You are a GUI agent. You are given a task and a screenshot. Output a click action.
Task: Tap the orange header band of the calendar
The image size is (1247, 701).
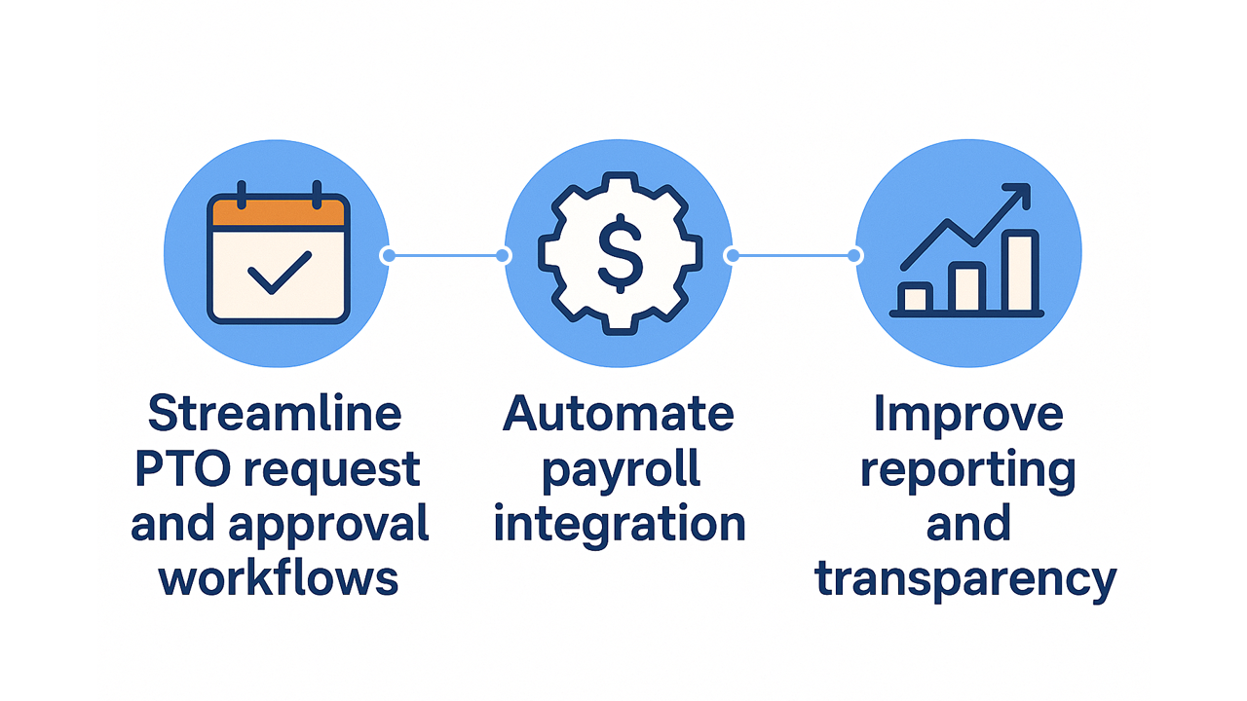tap(279, 212)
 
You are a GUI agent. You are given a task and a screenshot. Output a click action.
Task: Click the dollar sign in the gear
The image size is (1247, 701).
tap(619, 255)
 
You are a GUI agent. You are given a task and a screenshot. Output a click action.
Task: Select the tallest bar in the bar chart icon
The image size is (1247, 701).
tap(1021, 272)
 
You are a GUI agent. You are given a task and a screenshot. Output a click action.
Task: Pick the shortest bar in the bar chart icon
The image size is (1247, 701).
tap(916, 298)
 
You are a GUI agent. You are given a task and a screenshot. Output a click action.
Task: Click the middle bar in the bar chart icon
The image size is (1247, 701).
tap(968, 287)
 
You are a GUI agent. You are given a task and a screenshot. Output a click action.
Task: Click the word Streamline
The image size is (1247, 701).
tap(275, 414)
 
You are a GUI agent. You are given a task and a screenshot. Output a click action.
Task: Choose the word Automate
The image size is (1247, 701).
tap(619, 414)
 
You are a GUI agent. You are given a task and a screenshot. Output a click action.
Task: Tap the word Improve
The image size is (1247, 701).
tap(967, 414)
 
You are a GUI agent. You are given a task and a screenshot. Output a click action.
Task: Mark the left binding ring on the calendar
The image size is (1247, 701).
tap(242, 193)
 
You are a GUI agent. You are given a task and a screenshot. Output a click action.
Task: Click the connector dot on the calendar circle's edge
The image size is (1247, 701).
tap(388, 256)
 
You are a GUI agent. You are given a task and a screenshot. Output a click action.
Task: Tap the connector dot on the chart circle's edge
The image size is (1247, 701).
tap(854, 256)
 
